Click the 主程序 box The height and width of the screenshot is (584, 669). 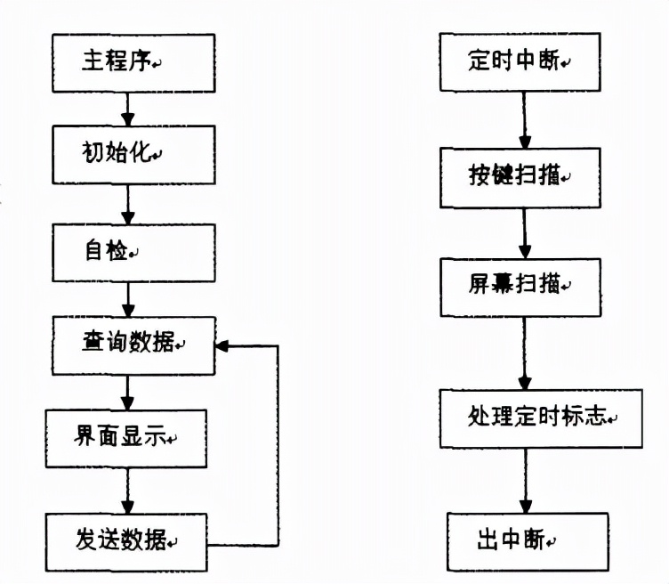(133, 62)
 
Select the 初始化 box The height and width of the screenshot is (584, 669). (133, 155)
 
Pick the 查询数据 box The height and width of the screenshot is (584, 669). (133, 344)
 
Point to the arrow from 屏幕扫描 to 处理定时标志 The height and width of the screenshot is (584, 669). (525, 352)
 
